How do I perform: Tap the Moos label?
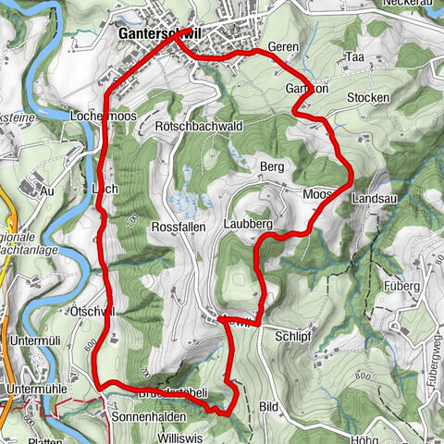317,194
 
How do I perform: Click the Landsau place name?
375,198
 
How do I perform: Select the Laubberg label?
245,225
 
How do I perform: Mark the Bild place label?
269,406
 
